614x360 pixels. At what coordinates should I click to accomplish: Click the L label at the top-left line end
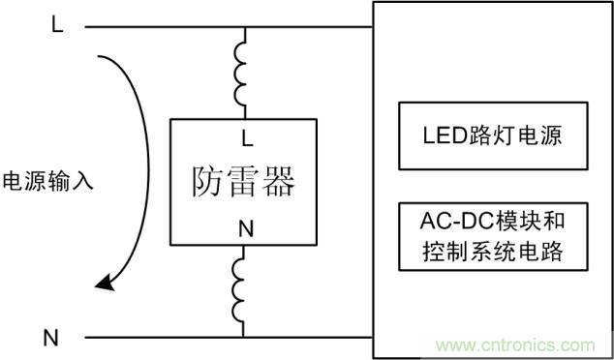[57, 26]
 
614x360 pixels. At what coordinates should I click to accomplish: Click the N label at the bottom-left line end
[50, 338]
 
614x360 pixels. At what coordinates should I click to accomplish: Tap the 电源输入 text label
[48, 181]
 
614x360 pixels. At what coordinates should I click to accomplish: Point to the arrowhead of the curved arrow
[104, 283]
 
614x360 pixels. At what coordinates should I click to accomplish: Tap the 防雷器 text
[243, 181]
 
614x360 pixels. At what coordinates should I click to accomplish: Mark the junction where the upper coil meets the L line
[243, 27]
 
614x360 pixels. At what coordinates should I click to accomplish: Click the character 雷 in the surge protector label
[243, 181]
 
